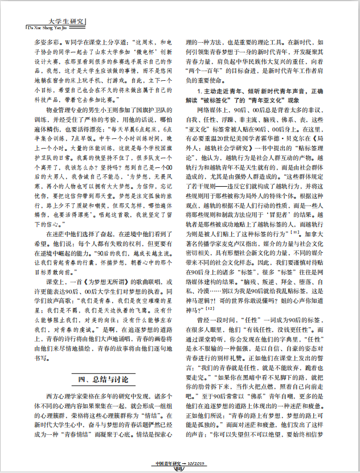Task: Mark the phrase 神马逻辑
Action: [x=199, y=298]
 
